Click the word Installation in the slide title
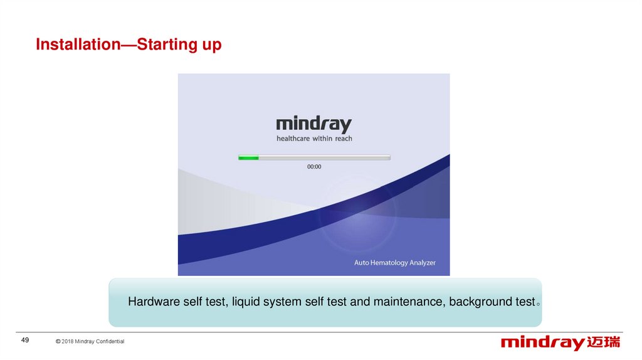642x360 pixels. coord(78,45)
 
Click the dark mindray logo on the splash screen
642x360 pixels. coord(314,124)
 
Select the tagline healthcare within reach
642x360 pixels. coord(314,139)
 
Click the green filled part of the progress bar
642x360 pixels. coord(248,157)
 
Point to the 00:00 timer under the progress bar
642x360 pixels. coord(314,167)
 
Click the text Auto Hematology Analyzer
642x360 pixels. coord(395,263)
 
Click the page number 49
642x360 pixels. coord(25,340)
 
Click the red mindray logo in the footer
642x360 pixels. coord(542,343)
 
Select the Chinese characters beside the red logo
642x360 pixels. coord(604,342)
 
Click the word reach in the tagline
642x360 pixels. coord(344,139)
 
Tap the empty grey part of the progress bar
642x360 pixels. coord(324,157)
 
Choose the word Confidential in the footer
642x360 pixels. coord(110,341)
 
